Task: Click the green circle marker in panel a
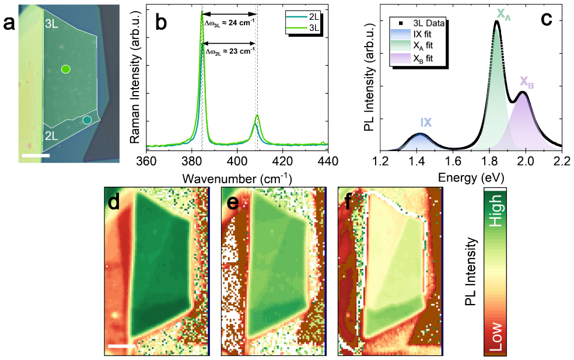(65, 69)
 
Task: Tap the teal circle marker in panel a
(87, 120)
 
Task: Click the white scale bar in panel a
(36, 156)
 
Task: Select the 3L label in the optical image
(51, 25)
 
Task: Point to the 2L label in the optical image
(51, 136)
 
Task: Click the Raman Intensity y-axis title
(135, 77)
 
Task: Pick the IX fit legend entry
(412, 34)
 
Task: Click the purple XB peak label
(527, 82)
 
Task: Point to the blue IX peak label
(426, 123)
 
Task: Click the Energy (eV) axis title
(471, 177)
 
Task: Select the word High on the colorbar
(496, 211)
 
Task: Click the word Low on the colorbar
(496, 337)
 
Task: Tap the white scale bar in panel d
(121, 346)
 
